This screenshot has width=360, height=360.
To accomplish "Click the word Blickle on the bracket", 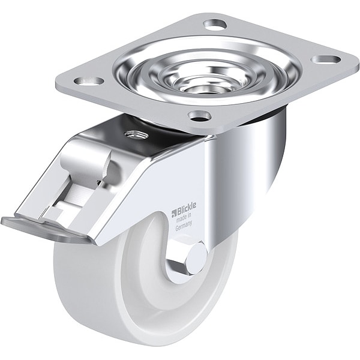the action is pos(186,208).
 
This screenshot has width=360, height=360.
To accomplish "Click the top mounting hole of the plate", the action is pos(215,23).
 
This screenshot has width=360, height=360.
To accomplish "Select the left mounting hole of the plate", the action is pos(89,81).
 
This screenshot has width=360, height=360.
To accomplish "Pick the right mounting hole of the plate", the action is pos(326,59).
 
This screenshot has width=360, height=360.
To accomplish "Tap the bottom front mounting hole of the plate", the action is pos(199,115).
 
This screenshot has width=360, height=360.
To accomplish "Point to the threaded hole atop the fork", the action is pos(133,135).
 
